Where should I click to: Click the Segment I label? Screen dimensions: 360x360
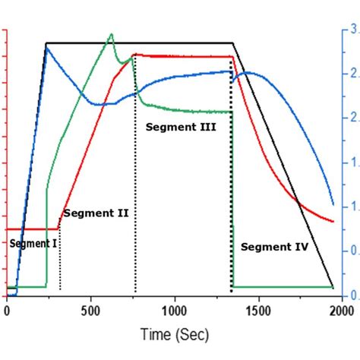point(33,243)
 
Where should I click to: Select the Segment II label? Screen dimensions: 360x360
point(96,213)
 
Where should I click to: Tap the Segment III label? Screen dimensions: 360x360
point(181,128)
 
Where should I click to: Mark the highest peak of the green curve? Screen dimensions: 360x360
point(112,34)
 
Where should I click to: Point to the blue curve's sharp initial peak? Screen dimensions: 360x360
point(46,46)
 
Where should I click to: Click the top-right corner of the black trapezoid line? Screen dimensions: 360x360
point(232,43)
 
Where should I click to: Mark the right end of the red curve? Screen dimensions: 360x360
point(333,221)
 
